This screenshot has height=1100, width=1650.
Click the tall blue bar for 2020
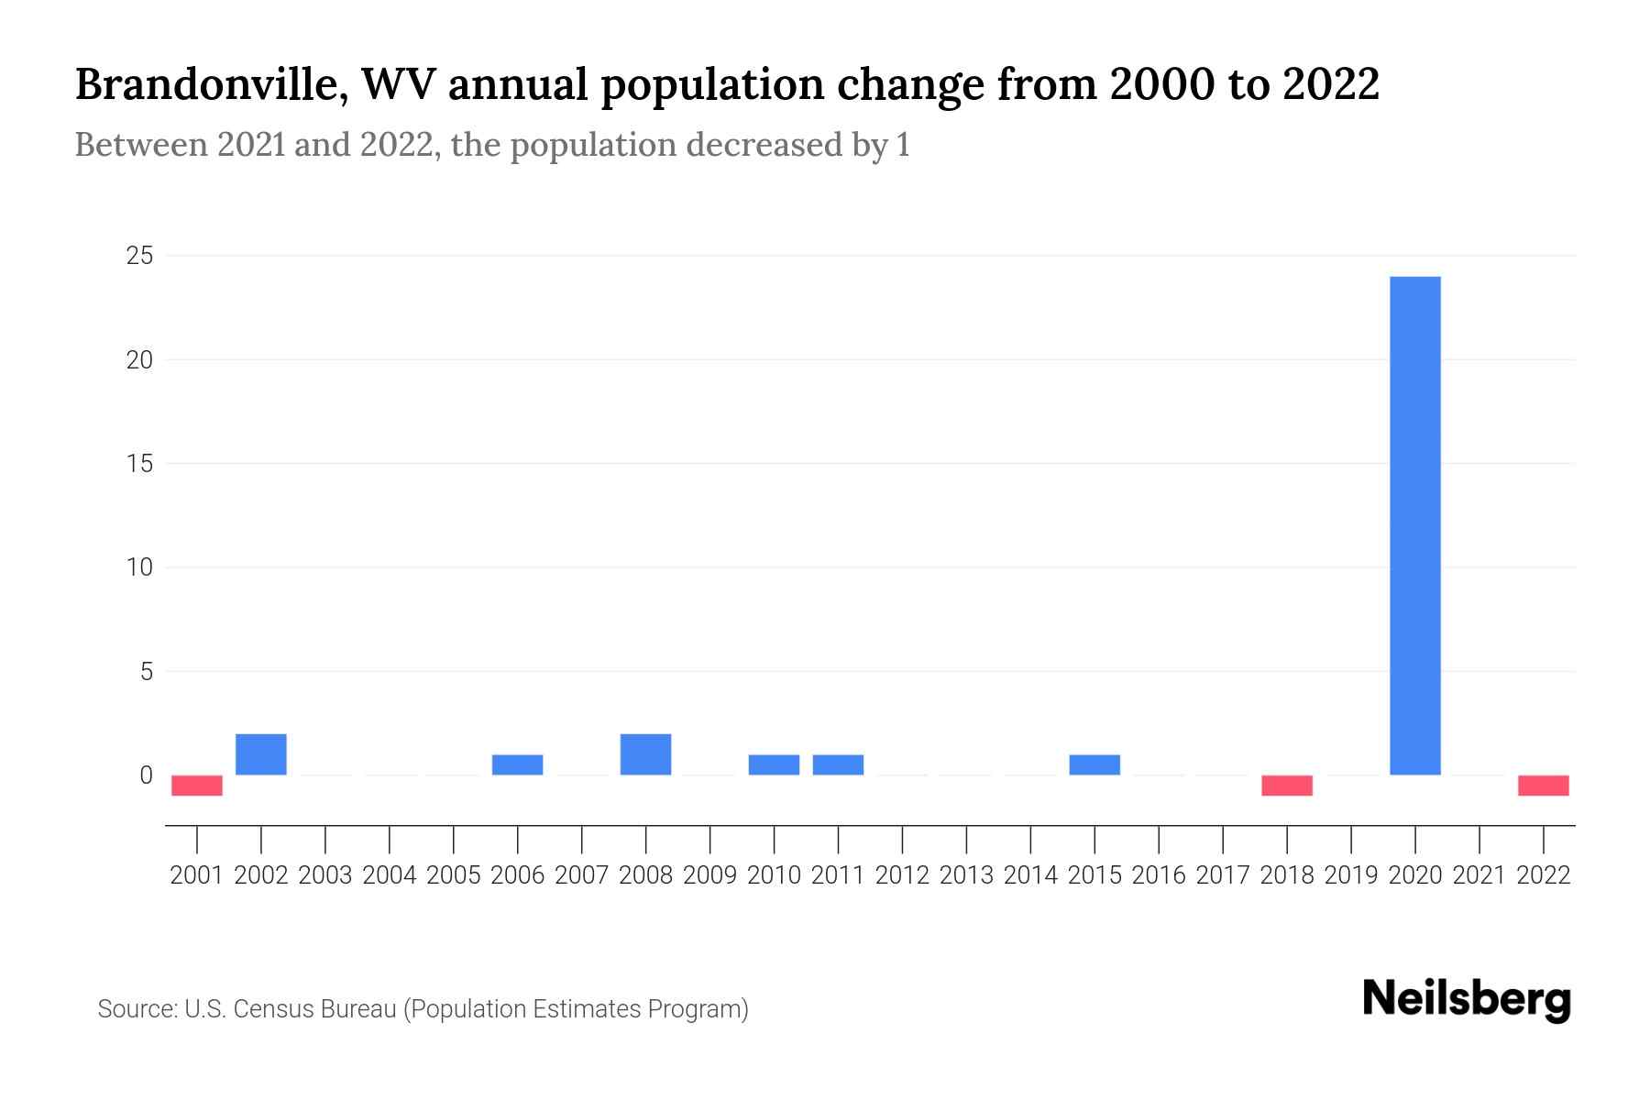(1415, 525)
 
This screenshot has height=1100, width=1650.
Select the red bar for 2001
(197, 786)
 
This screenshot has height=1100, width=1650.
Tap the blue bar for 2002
(261, 754)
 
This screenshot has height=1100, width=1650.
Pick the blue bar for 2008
(645, 754)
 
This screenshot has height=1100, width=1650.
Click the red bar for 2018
(1287, 786)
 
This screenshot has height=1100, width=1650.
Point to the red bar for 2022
(1544, 786)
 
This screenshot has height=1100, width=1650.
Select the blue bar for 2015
(1094, 764)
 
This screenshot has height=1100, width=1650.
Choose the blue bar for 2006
(518, 764)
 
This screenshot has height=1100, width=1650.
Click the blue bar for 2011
(838, 764)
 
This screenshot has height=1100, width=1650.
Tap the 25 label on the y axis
(139, 256)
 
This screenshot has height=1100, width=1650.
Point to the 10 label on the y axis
(139, 567)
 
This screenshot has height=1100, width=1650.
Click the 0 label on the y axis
(146, 775)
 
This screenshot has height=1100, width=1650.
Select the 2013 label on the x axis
(966, 875)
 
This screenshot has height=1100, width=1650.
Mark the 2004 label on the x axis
(390, 875)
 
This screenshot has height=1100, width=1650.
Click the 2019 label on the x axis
(1351, 875)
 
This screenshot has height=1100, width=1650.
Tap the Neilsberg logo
(1467, 999)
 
